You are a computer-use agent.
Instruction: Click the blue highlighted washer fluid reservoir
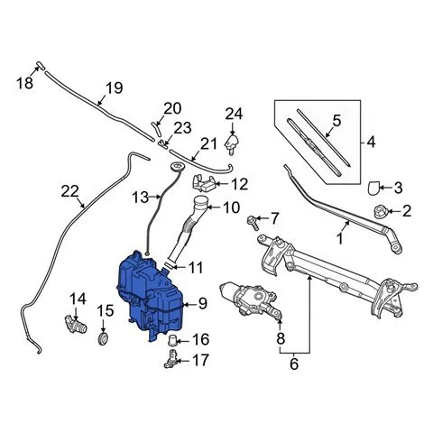(x=150, y=296)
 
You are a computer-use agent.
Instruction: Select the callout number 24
(x=234, y=115)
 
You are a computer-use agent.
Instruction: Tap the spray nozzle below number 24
(x=233, y=144)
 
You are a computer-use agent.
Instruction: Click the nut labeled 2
(x=380, y=211)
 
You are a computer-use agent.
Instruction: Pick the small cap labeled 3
(x=373, y=188)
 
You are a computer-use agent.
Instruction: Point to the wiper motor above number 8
(x=250, y=299)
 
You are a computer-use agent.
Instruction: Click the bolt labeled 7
(x=253, y=223)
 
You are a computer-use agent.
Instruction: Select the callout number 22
(x=69, y=191)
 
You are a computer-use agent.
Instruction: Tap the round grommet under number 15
(x=103, y=339)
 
